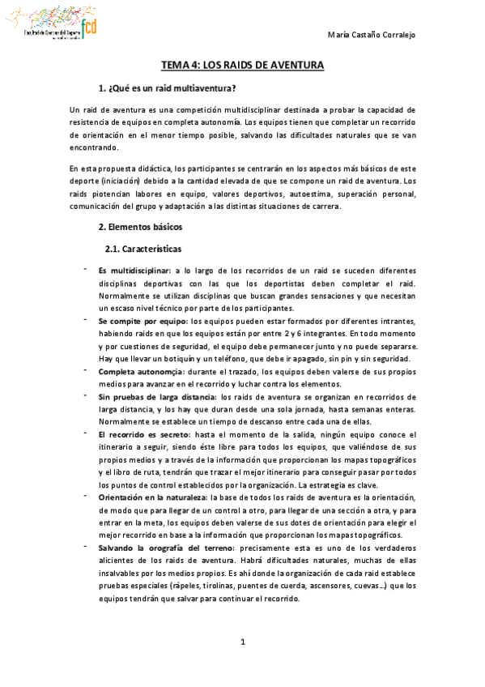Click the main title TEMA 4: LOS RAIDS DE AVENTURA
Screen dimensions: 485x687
242,65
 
